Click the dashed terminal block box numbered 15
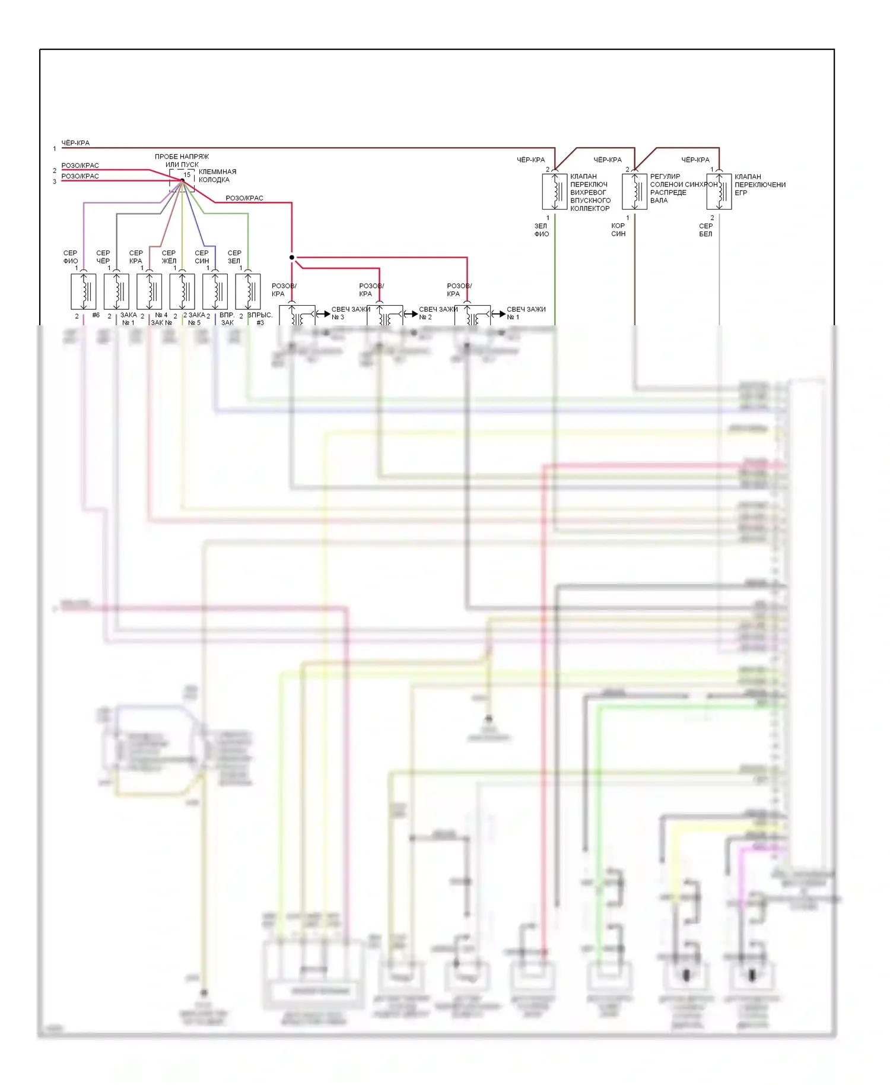(182, 180)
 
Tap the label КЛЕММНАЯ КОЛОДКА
(217, 176)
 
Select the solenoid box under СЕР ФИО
(84, 291)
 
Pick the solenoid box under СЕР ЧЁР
(116, 291)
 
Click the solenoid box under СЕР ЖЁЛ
(182, 291)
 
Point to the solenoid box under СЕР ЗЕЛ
(248, 291)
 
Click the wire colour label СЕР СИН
(202, 257)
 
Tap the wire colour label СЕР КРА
(136, 257)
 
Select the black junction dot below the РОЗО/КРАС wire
(292, 258)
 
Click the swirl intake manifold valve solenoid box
(555, 191)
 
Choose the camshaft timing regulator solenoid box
(634, 191)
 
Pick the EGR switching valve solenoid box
(719, 191)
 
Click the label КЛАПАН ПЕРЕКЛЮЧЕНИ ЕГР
(759, 185)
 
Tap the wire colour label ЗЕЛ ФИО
(541, 230)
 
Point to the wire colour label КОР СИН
(618, 230)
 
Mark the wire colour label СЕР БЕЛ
(705, 230)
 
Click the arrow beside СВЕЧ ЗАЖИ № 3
(323, 314)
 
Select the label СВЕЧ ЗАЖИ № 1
(526, 313)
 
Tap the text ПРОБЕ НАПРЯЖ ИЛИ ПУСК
(182, 160)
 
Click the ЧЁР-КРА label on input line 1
(76, 143)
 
